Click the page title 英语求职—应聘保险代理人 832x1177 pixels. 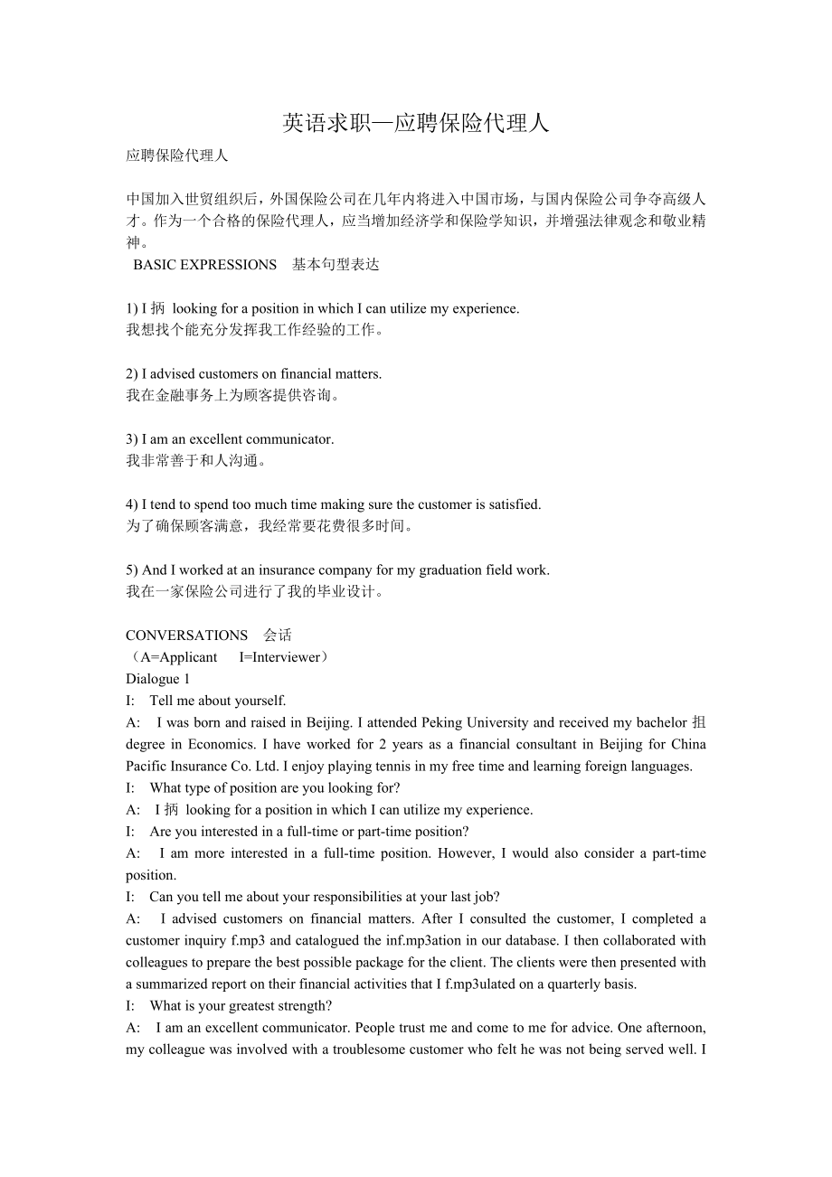click(x=416, y=123)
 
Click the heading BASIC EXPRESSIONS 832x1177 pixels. click(x=204, y=265)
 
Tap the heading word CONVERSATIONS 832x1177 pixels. click(x=186, y=636)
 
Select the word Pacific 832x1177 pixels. click(x=147, y=766)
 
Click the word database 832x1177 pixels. click(x=529, y=940)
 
